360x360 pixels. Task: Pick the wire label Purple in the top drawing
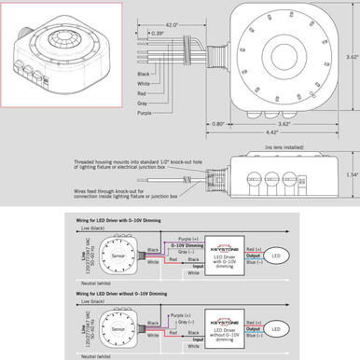145,114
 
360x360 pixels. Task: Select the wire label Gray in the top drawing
142,104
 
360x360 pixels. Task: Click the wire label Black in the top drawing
143,73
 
